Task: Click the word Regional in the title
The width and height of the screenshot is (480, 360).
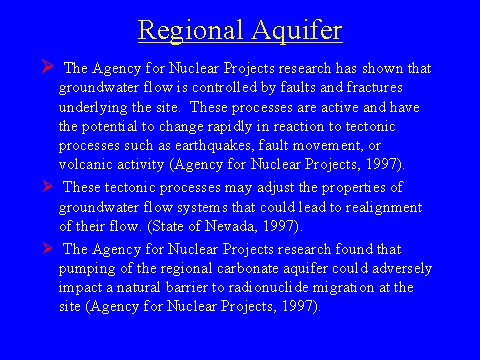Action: pyautogui.click(x=190, y=31)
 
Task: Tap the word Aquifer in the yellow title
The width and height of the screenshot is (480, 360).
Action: pyautogui.click(x=297, y=31)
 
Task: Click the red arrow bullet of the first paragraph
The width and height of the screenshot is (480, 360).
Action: pyautogui.click(x=47, y=66)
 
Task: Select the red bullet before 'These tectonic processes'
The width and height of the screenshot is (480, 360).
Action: pyautogui.click(x=47, y=186)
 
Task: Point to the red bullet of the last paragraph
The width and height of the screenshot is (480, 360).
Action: pyautogui.click(x=47, y=248)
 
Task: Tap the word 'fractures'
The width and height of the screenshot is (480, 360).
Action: pyautogui.click(x=374, y=87)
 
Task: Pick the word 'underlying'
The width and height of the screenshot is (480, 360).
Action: pyautogui.click(x=93, y=108)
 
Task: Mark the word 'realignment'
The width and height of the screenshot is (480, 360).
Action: pyautogui.click(x=384, y=208)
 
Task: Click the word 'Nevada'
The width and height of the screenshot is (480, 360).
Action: pyautogui.click(x=231, y=226)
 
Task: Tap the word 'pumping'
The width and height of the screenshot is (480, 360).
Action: pyautogui.click(x=87, y=269)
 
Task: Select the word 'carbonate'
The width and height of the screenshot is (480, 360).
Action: pyautogui.click(x=248, y=268)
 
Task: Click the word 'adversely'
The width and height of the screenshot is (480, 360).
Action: pyautogui.click(x=402, y=269)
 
